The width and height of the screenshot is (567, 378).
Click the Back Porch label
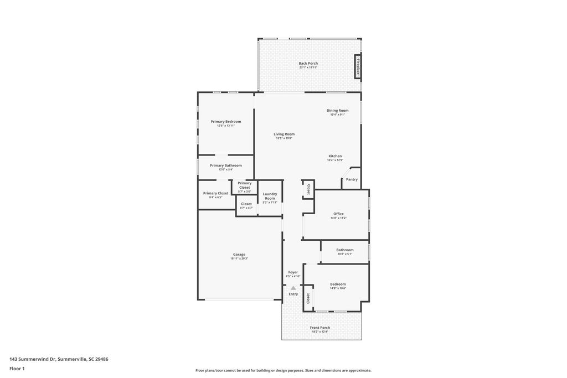pyautogui.click(x=308, y=64)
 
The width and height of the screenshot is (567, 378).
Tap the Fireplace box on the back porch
pyautogui.click(x=358, y=66)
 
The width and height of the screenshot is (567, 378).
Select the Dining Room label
pyautogui.click(x=337, y=111)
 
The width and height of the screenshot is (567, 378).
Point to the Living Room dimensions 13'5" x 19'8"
pyautogui.click(x=284, y=138)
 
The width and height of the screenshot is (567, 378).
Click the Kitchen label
pyautogui.click(x=335, y=156)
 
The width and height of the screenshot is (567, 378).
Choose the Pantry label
pyautogui.click(x=352, y=179)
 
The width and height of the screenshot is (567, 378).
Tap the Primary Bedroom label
pyautogui.click(x=226, y=122)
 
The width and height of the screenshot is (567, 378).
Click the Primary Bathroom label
pyautogui.click(x=226, y=165)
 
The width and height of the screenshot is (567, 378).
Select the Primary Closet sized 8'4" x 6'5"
pyautogui.click(x=215, y=194)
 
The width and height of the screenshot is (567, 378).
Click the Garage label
pyautogui.click(x=239, y=255)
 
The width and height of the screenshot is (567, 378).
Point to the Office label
pyautogui.click(x=338, y=214)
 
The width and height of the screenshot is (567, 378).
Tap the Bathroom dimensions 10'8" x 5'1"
pyautogui.click(x=345, y=254)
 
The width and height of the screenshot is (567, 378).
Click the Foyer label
pyautogui.click(x=293, y=272)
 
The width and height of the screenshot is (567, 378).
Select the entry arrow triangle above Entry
pyautogui.click(x=293, y=288)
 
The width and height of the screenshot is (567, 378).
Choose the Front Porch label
pyautogui.click(x=320, y=328)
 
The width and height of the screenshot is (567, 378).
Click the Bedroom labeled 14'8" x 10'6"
pyautogui.click(x=338, y=284)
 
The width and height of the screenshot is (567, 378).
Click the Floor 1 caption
pyautogui.click(x=17, y=369)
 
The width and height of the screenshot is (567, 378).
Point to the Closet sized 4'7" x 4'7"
pyautogui.click(x=246, y=204)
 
